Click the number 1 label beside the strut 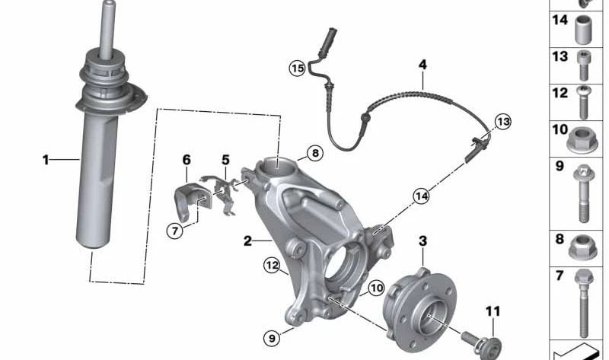coord(46,160)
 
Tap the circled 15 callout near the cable coord(297,69)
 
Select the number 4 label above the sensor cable coord(422,65)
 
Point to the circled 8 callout coord(315,153)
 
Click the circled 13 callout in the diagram coord(502,121)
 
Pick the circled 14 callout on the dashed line coord(422,196)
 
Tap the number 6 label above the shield coord(187,160)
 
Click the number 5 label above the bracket coord(225,160)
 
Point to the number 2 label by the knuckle coord(247,241)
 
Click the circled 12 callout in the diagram coord(272,265)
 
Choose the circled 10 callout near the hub coord(376,288)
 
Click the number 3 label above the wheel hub coord(423,241)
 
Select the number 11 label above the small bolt coord(493,311)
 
